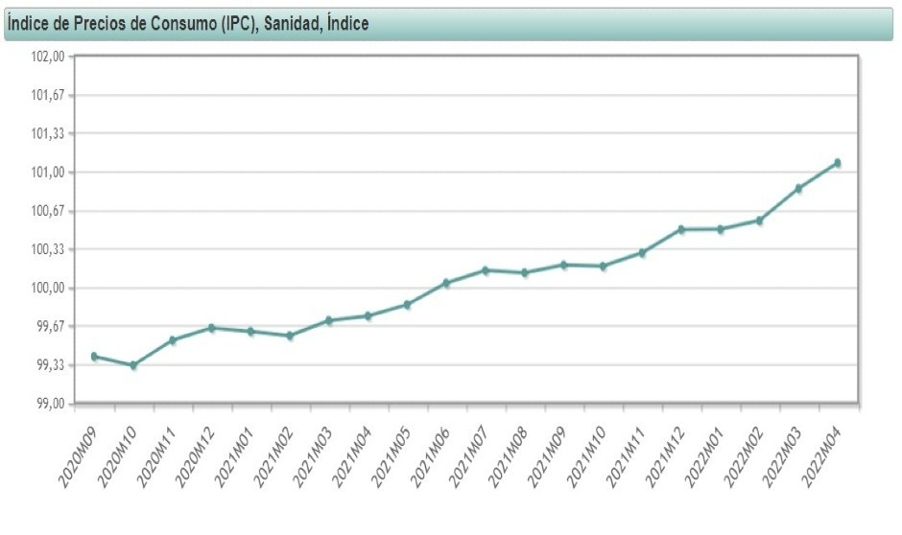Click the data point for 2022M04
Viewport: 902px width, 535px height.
(838, 163)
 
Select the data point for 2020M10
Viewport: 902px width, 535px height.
(133, 365)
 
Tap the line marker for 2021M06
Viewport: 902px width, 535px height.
(446, 283)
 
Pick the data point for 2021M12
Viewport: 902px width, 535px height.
(681, 229)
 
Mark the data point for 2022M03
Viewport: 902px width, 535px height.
(798, 188)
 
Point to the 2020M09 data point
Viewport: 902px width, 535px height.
(94, 357)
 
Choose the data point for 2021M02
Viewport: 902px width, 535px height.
(290, 336)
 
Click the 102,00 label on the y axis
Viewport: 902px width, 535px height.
(47, 57)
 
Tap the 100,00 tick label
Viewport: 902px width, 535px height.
(47, 288)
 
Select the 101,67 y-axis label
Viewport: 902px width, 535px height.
(47, 95)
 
